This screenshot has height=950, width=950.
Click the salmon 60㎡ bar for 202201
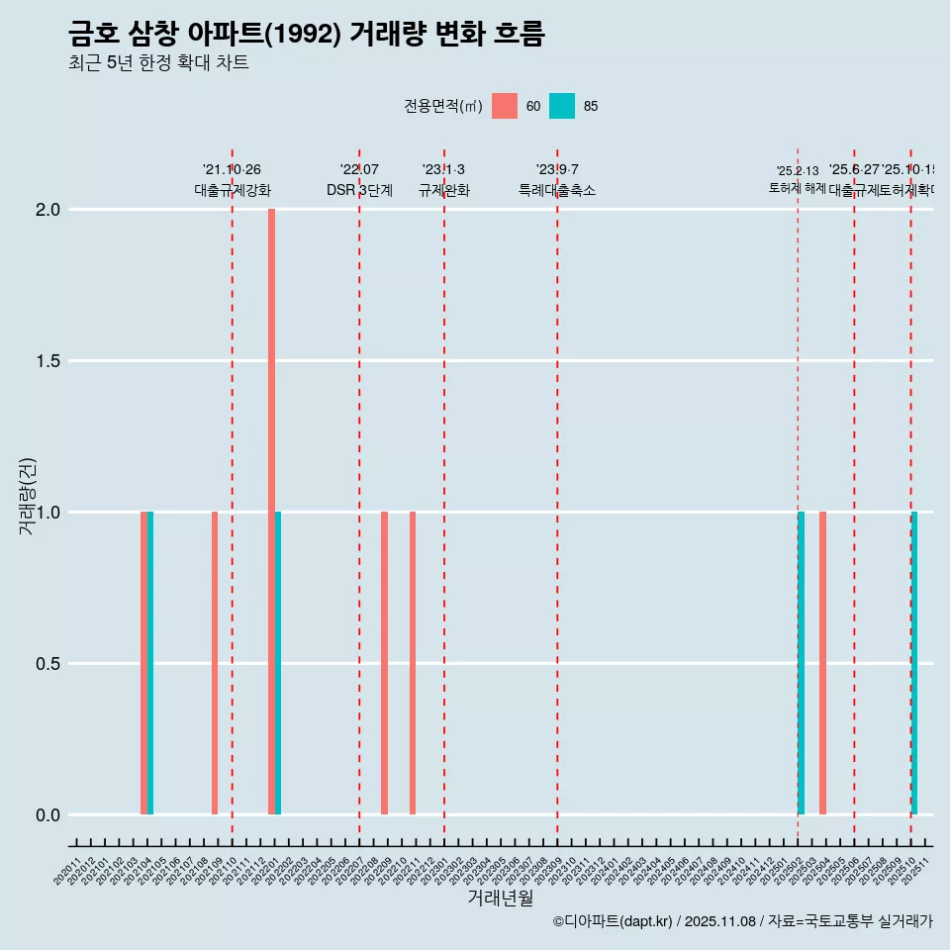pos(271,512)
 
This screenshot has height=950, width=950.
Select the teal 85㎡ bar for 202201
pos(278,663)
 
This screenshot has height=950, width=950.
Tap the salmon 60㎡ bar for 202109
pos(215,663)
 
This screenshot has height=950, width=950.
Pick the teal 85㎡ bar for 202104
pos(150,663)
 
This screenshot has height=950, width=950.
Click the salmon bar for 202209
pos(384,663)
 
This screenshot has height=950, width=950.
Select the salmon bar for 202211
pos(413,663)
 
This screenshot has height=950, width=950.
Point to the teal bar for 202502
pos(801,663)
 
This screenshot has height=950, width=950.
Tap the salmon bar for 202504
pos(822,663)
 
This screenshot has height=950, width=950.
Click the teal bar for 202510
pos(914,663)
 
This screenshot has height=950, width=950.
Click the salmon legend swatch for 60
pos(505,106)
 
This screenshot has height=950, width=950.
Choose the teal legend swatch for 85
pos(562,106)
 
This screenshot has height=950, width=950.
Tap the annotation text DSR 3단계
pos(359,191)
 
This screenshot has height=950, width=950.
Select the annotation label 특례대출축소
pos(557,191)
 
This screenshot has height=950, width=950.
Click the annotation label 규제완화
pos(443,191)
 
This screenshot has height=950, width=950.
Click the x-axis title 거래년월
pos(500,899)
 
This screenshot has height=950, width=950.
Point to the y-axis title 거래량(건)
pos(28,496)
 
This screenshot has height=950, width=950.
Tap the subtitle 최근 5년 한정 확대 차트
pos(158,63)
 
